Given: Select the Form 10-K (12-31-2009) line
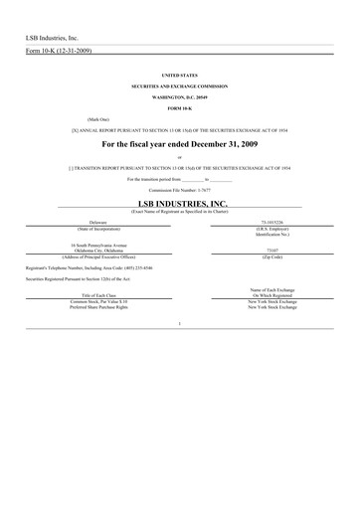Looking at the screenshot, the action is click(x=59, y=51).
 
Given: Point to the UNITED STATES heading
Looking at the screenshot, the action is click(x=179, y=75).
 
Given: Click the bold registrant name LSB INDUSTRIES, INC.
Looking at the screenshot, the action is click(x=179, y=202).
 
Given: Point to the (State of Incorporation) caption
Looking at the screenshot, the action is click(x=97, y=228).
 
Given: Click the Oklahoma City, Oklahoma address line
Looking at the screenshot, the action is click(x=97, y=251).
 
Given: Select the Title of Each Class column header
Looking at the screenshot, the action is click(x=97, y=297).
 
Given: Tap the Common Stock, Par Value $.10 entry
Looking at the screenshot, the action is click(x=97, y=302).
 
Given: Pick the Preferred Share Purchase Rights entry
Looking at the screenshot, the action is click(x=97, y=309).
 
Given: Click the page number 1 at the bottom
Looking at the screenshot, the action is click(x=179, y=324).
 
